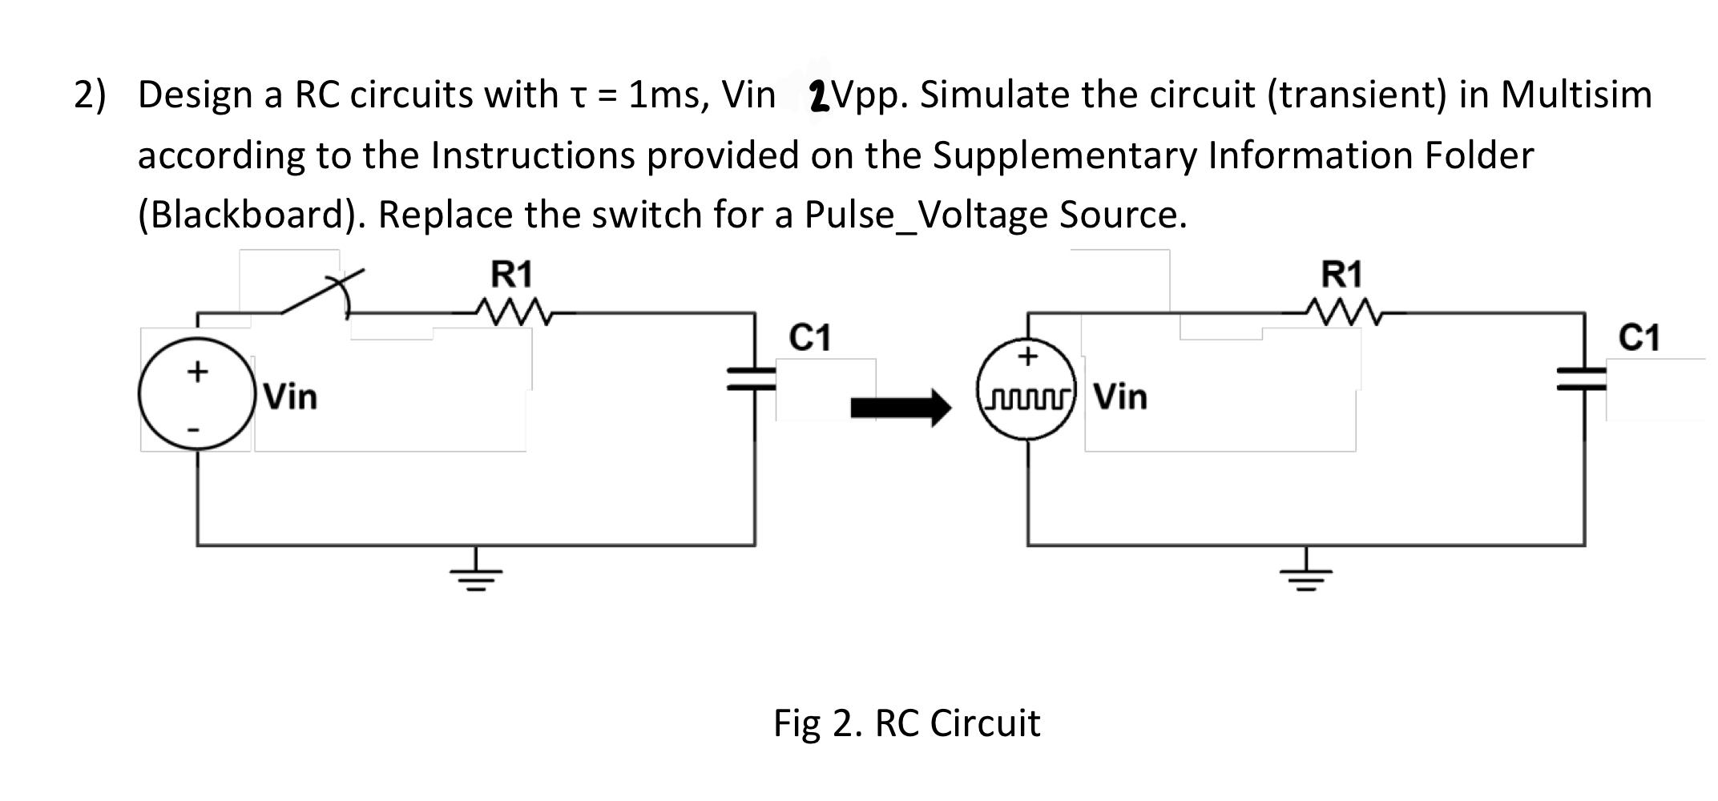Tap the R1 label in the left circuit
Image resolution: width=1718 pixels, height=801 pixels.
pyautogui.click(x=511, y=274)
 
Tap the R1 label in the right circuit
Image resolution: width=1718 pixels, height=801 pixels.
pyautogui.click(x=1341, y=274)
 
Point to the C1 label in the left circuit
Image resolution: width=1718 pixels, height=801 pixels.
pyautogui.click(x=809, y=337)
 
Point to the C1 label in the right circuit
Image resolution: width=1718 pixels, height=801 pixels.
pyautogui.click(x=1639, y=337)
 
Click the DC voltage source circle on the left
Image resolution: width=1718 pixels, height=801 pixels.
pyautogui.click(x=196, y=396)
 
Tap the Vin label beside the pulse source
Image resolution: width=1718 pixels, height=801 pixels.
pyautogui.click(x=1120, y=396)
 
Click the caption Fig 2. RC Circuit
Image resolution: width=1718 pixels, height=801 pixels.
pyautogui.click(x=906, y=723)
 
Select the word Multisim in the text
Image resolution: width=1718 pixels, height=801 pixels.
pyautogui.click(x=1576, y=95)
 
